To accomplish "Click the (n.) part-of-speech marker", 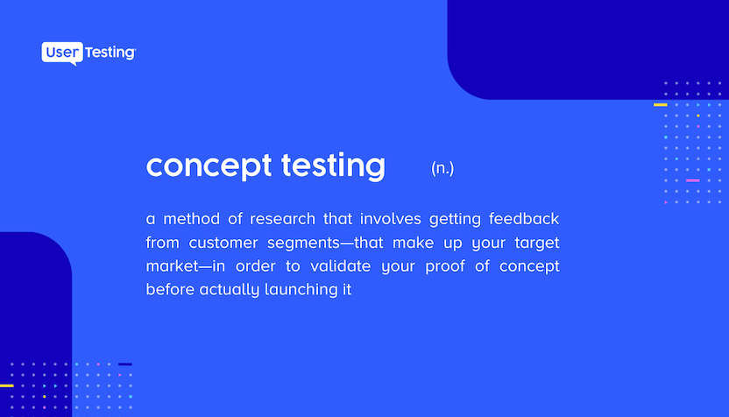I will [x=442, y=168].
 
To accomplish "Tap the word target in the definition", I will [x=536, y=242].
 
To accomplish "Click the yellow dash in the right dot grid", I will [x=660, y=104].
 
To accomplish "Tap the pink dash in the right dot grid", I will [x=692, y=180].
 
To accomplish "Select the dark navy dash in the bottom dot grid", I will [x=125, y=364].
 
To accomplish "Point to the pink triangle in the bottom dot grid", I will [x=120, y=375].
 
